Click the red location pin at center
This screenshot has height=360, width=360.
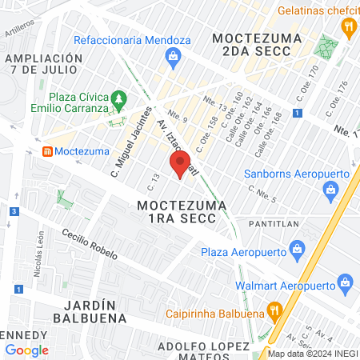180,164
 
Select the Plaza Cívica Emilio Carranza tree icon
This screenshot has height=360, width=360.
119,99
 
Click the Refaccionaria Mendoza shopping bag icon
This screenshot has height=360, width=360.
172,56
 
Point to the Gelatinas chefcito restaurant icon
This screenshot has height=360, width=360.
348,27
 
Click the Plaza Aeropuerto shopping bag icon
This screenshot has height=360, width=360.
297,251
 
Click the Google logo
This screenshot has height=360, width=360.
27,350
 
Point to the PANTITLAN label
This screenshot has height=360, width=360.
277,222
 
